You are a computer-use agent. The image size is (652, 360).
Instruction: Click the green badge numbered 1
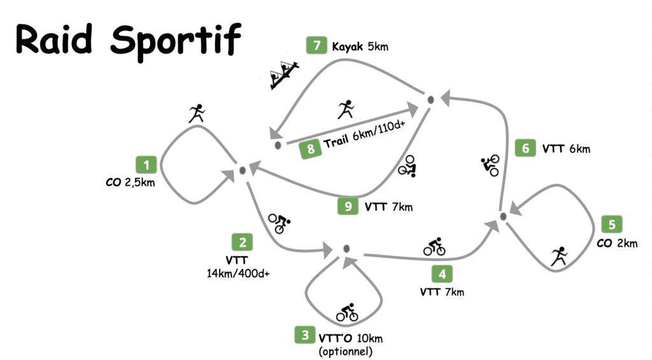pos(147,166)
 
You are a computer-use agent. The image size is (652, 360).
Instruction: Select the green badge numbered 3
pos(305,335)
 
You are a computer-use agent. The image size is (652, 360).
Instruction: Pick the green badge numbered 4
pos(443,275)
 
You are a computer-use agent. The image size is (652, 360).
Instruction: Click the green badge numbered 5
pos(611,224)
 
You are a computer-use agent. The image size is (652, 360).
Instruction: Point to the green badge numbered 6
pos(525,148)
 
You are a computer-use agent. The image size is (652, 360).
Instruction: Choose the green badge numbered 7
pos(316,46)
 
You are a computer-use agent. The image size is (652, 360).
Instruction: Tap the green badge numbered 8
pos(310,149)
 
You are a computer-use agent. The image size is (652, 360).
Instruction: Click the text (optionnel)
pos(346,350)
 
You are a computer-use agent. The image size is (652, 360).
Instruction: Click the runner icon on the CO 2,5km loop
pos(196,113)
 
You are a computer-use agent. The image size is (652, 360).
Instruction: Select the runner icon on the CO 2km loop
pos(559,256)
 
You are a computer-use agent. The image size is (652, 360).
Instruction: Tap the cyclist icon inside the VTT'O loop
pos(347,313)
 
